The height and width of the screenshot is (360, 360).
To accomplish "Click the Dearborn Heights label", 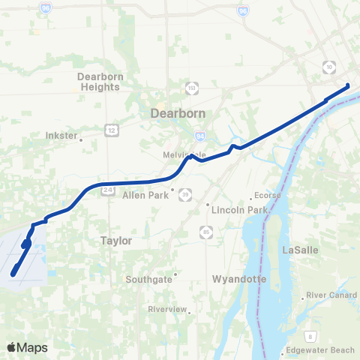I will pos(98,81).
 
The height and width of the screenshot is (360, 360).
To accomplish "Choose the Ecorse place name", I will pos(267,195).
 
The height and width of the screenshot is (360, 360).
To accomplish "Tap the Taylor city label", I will pos(115,241).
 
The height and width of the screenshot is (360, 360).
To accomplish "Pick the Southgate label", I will pos(148,279).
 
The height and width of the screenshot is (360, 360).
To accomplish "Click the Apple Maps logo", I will pos(26,347).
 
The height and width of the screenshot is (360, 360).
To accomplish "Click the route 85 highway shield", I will pos(205,230).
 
